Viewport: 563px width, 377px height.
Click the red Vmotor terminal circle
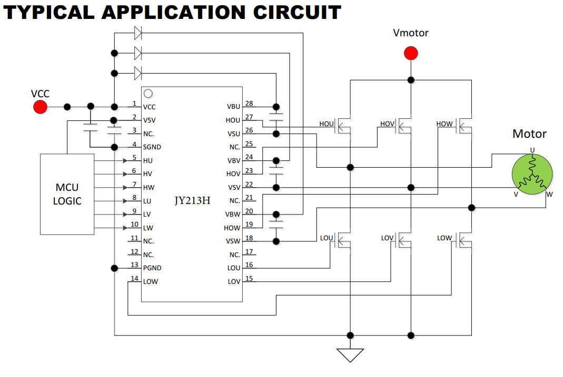coord(411,53)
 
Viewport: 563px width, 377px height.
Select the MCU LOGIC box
coord(67,194)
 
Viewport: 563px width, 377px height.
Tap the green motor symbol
coord(532,174)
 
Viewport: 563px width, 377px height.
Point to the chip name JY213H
coord(193,200)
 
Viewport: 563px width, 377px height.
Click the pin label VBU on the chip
coord(233,107)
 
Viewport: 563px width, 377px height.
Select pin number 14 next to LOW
coord(134,278)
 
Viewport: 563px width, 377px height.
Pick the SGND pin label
coord(152,147)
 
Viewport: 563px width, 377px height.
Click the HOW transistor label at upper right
coord(444,124)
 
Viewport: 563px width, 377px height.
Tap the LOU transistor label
coord(327,238)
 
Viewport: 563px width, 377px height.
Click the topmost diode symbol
coord(138,33)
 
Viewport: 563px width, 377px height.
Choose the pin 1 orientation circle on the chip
coord(149,94)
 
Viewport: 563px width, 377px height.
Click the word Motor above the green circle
coord(529,134)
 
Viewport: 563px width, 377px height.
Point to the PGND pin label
coord(152,268)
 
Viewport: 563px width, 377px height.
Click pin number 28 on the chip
coord(249,104)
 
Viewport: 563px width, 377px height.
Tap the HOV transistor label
coord(387,124)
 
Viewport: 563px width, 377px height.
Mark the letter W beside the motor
coord(549,194)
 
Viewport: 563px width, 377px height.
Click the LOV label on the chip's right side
coord(234,281)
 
